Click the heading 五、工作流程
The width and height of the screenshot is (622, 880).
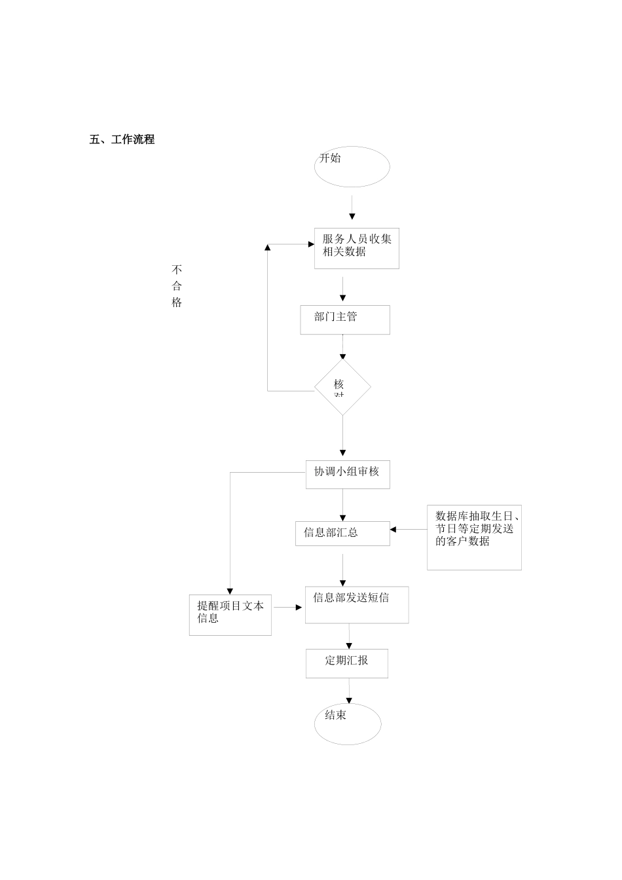[122, 139]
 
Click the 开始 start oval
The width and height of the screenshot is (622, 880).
[352, 166]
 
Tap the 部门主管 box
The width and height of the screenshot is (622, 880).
[345, 320]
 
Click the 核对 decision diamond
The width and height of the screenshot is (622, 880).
[342, 387]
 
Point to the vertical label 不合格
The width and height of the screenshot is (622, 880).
[177, 286]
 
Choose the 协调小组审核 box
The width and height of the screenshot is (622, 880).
[348, 475]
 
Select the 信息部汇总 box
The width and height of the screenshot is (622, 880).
[342, 533]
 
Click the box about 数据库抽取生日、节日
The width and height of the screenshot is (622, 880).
[474, 537]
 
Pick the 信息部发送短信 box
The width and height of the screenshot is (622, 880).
[357, 604]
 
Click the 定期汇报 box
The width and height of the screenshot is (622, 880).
[347, 663]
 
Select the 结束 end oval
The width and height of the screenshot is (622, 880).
[348, 724]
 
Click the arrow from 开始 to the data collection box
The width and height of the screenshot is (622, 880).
[352, 208]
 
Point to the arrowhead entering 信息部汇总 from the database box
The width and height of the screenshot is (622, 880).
[393, 529]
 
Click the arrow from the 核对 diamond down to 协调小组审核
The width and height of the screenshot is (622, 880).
[342, 435]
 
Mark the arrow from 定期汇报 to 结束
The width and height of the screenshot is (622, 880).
[349, 691]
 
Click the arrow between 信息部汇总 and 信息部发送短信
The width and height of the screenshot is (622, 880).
[342, 570]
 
